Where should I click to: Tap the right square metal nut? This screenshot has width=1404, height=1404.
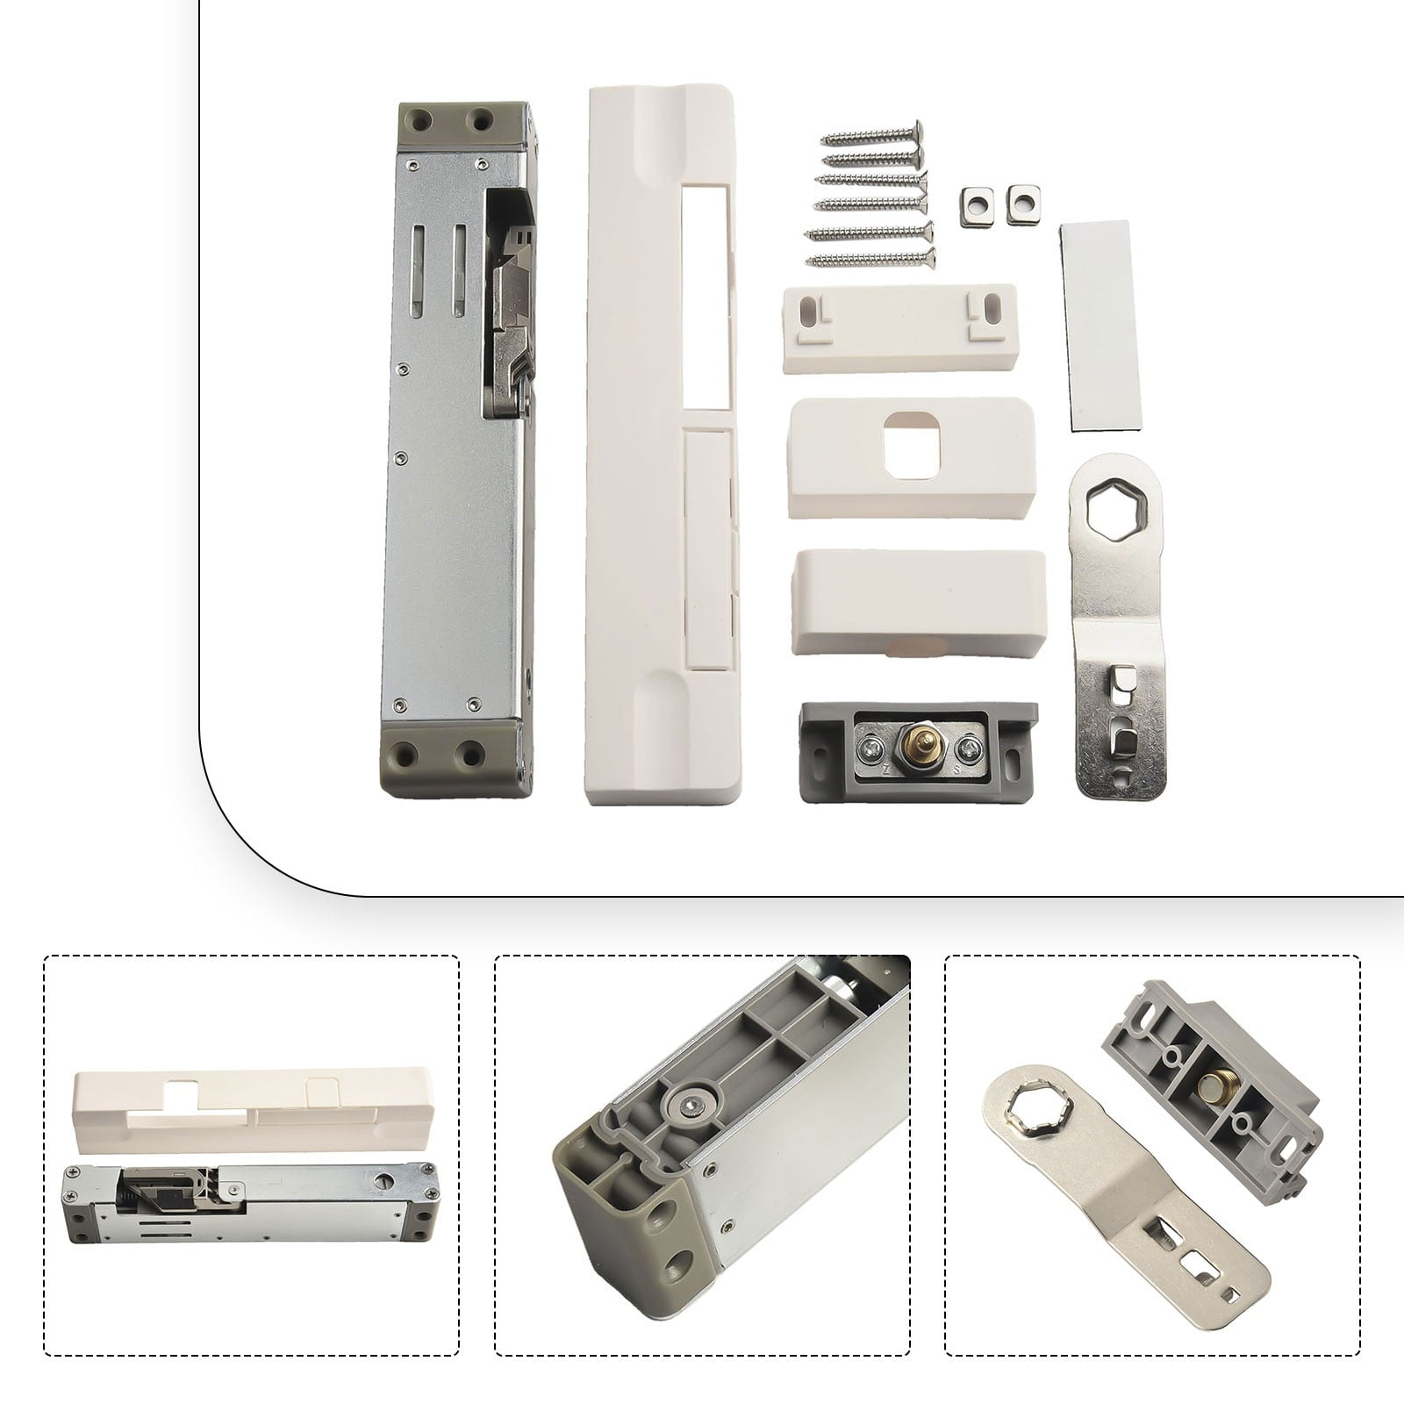tap(1019, 203)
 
